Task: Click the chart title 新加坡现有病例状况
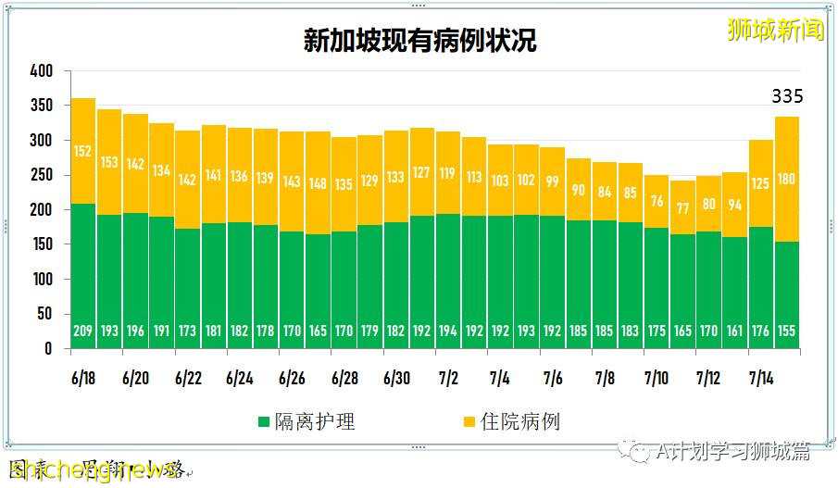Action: [419, 41]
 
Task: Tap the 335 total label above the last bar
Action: [787, 96]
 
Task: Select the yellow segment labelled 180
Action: [787, 179]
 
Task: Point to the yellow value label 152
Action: [83, 152]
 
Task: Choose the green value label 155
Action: [787, 332]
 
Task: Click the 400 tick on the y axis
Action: [42, 71]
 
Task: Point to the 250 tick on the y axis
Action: [42, 175]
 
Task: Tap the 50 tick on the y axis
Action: [45, 314]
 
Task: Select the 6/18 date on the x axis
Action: [83, 379]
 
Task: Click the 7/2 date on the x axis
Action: [448, 379]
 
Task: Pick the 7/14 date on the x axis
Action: [761, 379]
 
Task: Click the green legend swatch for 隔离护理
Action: [265, 423]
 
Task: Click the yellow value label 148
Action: [319, 182]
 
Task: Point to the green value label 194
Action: [448, 332]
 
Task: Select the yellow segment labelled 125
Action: [761, 183]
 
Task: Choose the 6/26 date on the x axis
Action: [292, 379]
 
